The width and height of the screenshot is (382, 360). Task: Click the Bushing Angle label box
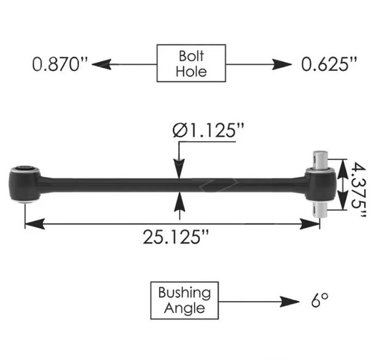(x=184, y=300)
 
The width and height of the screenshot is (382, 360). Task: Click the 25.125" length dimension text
(x=176, y=238)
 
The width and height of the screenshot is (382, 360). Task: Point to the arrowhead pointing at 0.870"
(x=105, y=64)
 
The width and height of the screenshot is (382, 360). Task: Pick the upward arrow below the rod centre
(x=180, y=197)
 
